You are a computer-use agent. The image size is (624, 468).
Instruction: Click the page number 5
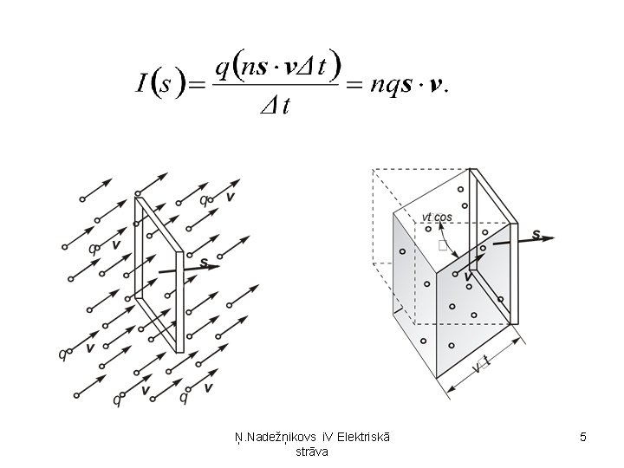[583, 438]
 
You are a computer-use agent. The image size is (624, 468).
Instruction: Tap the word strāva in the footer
[312, 452]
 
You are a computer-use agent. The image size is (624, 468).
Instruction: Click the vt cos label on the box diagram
[436, 217]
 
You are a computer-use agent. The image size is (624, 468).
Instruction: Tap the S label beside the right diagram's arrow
[536, 234]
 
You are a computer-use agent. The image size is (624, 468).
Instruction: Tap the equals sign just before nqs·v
[353, 84]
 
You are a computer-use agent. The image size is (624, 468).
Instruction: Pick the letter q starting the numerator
[222, 67]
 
